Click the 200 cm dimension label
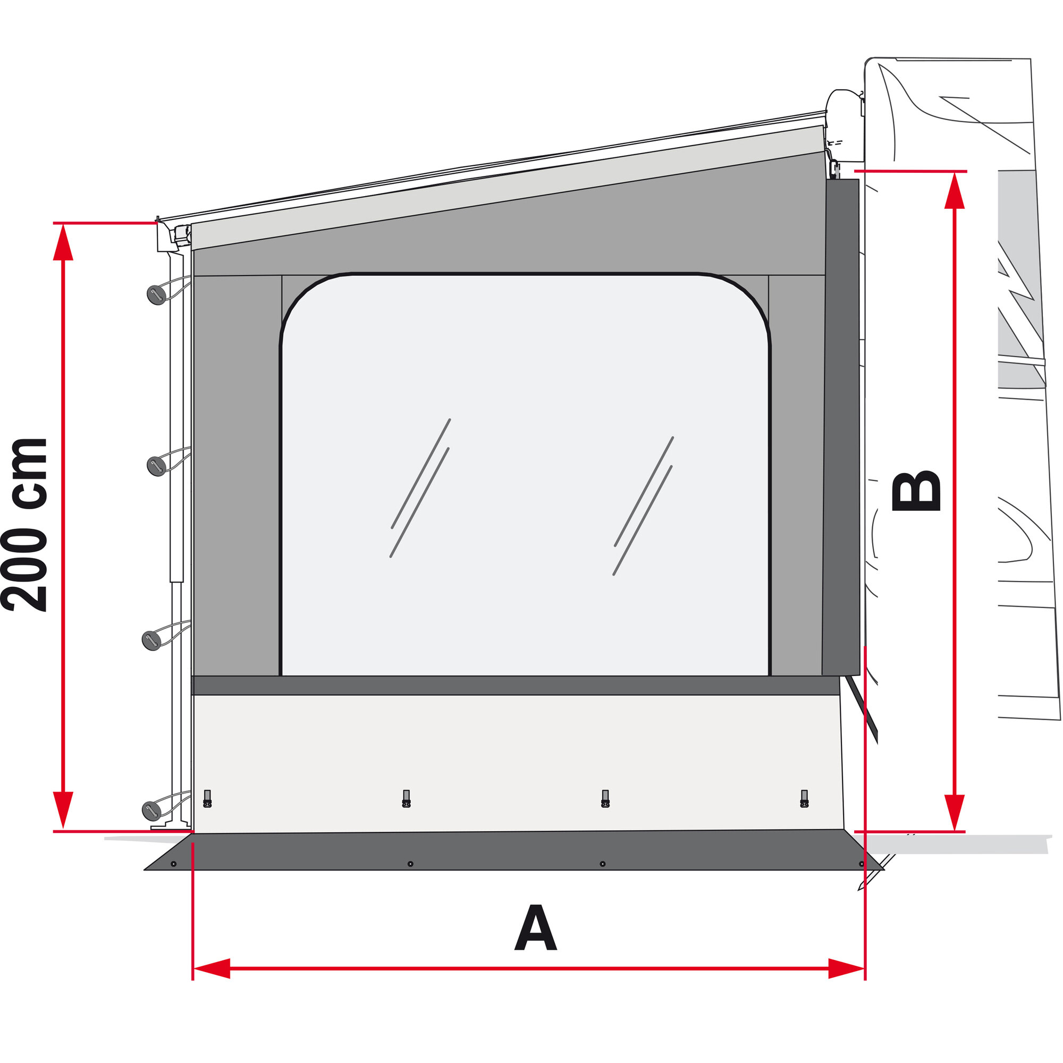click(25, 525)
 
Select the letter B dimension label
click(916, 490)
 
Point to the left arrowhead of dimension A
click(212, 968)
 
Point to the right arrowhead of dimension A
click(846, 968)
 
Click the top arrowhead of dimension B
click(955, 190)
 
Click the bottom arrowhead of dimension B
click(955, 812)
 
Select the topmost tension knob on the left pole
click(156, 295)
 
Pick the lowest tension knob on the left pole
click(151, 811)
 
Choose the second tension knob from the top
click(156, 466)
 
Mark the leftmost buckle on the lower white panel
click(207, 799)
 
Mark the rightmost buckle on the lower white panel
click(804, 799)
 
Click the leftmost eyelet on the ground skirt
click(173, 864)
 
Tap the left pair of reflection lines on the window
click(420, 488)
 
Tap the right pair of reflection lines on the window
click(643, 506)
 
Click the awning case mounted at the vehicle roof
click(845, 105)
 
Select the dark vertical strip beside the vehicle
click(841, 426)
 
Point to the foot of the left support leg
click(171, 826)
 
